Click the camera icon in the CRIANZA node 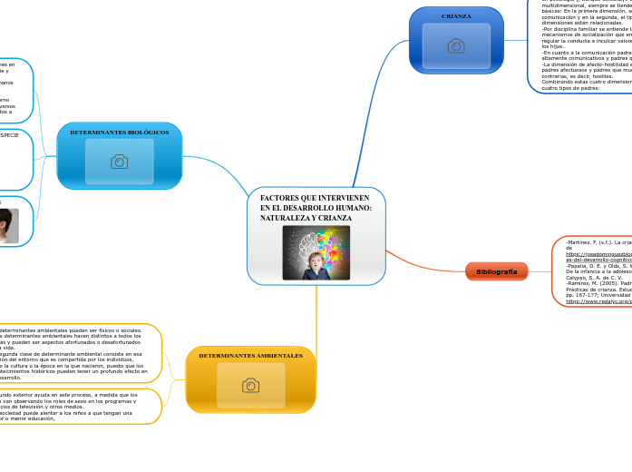click(x=456, y=46)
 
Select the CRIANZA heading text click(x=456, y=16)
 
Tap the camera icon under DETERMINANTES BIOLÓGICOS click(x=119, y=162)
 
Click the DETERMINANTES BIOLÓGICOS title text click(x=119, y=133)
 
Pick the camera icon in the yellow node click(x=250, y=386)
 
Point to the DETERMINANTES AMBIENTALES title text click(x=250, y=356)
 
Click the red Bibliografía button click(x=496, y=271)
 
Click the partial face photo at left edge click(x=7, y=225)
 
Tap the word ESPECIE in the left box click(x=11, y=135)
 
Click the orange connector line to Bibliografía click(x=426, y=264)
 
